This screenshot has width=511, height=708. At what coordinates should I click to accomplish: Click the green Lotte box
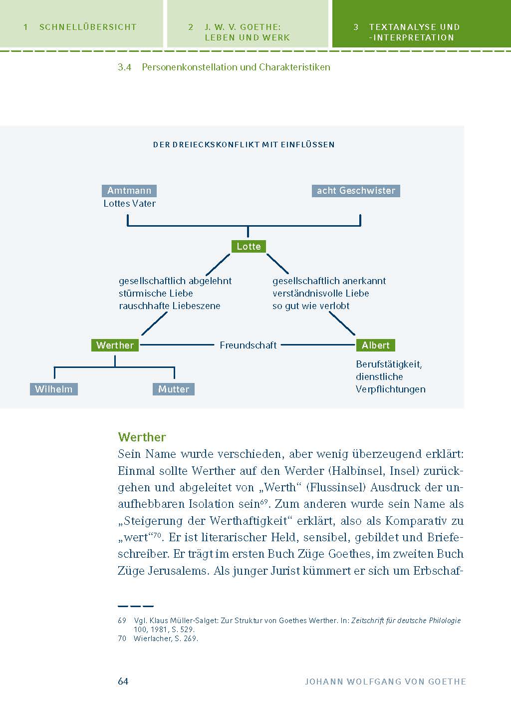249,246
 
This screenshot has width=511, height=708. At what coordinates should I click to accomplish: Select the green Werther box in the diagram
115,345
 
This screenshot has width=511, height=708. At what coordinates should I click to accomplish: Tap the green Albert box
375,345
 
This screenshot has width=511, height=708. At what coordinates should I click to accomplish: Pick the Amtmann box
129,191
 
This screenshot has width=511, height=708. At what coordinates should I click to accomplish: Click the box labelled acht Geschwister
356,191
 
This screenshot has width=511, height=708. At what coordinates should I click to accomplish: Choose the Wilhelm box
53,389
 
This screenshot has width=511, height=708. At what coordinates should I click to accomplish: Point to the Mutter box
173,389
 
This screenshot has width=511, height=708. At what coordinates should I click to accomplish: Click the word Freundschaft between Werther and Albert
248,345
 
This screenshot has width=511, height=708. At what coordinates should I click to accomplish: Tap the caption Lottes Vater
129,203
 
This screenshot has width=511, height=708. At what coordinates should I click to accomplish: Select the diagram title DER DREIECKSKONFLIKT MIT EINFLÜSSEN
244,145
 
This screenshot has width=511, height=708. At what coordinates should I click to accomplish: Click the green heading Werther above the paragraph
142,437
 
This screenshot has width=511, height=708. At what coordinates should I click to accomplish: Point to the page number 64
123,681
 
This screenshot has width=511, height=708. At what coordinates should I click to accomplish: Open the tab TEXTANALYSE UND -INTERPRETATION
414,32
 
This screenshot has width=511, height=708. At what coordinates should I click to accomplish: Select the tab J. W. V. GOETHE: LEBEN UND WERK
247,32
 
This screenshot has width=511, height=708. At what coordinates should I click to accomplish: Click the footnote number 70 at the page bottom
122,639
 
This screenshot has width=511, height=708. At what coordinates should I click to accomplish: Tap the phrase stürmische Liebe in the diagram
156,293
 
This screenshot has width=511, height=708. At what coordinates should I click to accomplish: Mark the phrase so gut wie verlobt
311,306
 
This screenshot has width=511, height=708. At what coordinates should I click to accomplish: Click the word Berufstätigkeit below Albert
389,364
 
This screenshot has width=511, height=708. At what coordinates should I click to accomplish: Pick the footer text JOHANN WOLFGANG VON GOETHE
385,682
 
